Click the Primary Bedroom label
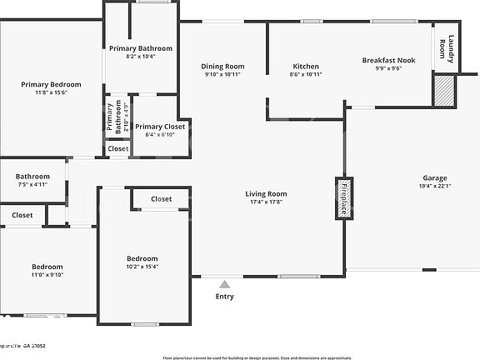pyautogui.click(x=52, y=84)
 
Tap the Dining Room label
pyautogui.click(x=222, y=66)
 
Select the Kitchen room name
pyautogui.click(x=306, y=66)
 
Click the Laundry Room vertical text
pyautogui.click(x=447, y=47)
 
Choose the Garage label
pyautogui.click(x=434, y=177)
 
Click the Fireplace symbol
pyautogui.click(x=341, y=198)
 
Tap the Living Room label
pyautogui.click(x=266, y=193)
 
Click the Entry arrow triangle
pyautogui.click(x=224, y=285)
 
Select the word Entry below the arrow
pyautogui.click(x=225, y=297)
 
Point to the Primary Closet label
pyautogui.click(x=160, y=127)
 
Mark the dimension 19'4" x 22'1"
pyautogui.click(x=434, y=186)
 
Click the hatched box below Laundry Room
pyautogui.click(x=444, y=90)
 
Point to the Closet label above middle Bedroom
pyautogui.click(x=162, y=199)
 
